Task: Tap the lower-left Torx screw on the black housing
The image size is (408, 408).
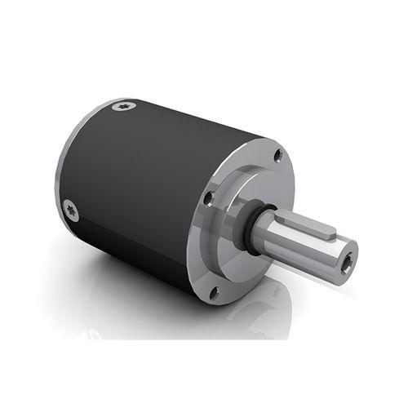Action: click(71, 210)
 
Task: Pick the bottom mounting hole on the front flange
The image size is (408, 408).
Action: click(214, 290)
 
